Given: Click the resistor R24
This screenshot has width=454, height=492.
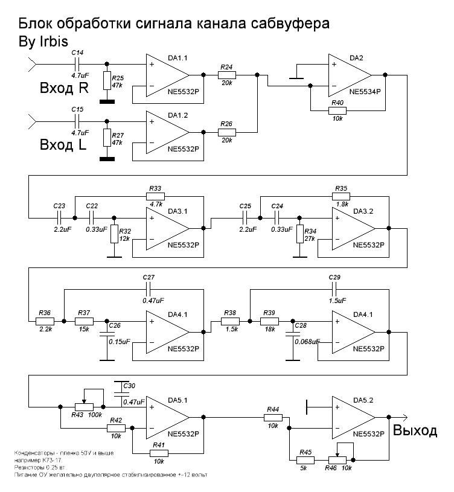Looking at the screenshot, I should (226, 75).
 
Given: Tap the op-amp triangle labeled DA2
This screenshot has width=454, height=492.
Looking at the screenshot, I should (348, 75).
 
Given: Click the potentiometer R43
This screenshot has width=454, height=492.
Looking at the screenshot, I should (85, 406).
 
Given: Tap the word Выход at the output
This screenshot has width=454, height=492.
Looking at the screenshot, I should (415, 430).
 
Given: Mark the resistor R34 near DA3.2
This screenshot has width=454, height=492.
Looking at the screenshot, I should (298, 234).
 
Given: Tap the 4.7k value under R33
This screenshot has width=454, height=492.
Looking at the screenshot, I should (156, 205).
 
